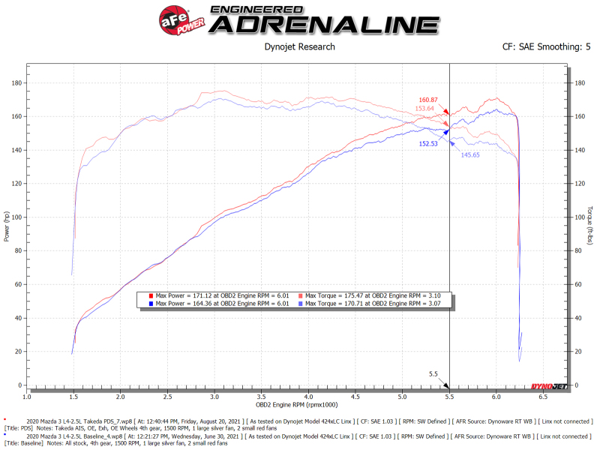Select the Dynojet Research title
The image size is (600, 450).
tap(300, 46)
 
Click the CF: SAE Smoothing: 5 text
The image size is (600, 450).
tap(546, 46)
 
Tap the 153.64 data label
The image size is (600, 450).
tap(424, 109)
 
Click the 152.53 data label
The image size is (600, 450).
tap(428, 142)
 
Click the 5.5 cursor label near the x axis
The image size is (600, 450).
tap(433, 373)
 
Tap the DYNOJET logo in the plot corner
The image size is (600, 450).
tap(547, 385)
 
